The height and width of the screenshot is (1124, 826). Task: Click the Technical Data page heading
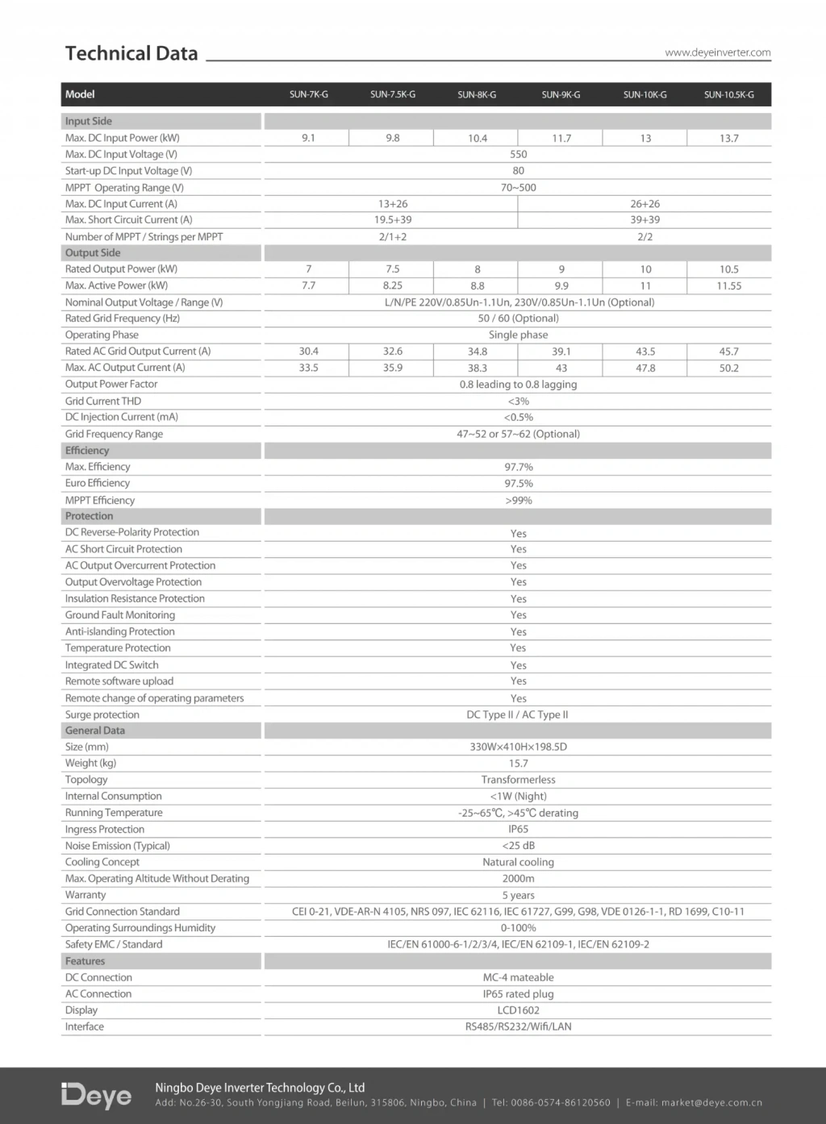tap(131, 53)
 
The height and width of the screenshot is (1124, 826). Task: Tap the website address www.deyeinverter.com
tap(717, 52)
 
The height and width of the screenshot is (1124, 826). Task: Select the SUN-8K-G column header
tap(477, 94)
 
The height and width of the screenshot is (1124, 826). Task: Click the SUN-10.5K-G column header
tap(728, 94)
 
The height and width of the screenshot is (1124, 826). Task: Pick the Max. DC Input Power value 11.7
tap(561, 138)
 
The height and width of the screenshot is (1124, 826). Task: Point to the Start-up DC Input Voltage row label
tap(128, 171)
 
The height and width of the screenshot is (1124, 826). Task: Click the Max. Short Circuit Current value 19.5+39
tap(393, 219)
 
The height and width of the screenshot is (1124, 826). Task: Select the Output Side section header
tap(93, 252)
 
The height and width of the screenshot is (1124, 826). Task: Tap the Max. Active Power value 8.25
tap(393, 285)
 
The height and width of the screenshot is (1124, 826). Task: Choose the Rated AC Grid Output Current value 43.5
tap(645, 352)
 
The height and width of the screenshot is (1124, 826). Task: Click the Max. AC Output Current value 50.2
tap(728, 368)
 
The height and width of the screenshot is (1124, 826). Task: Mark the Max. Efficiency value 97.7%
tap(518, 467)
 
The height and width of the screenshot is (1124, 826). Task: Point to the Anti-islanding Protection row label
tap(119, 631)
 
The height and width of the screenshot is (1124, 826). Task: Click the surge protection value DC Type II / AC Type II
tap(517, 714)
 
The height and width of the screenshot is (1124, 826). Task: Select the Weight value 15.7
tap(518, 763)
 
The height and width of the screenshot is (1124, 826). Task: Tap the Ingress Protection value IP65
tap(518, 829)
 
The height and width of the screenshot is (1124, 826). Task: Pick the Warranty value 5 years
tap(518, 895)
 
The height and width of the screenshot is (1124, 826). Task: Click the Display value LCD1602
tap(518, 1010)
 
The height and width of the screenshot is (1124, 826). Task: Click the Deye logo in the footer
tap(96, 1095)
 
